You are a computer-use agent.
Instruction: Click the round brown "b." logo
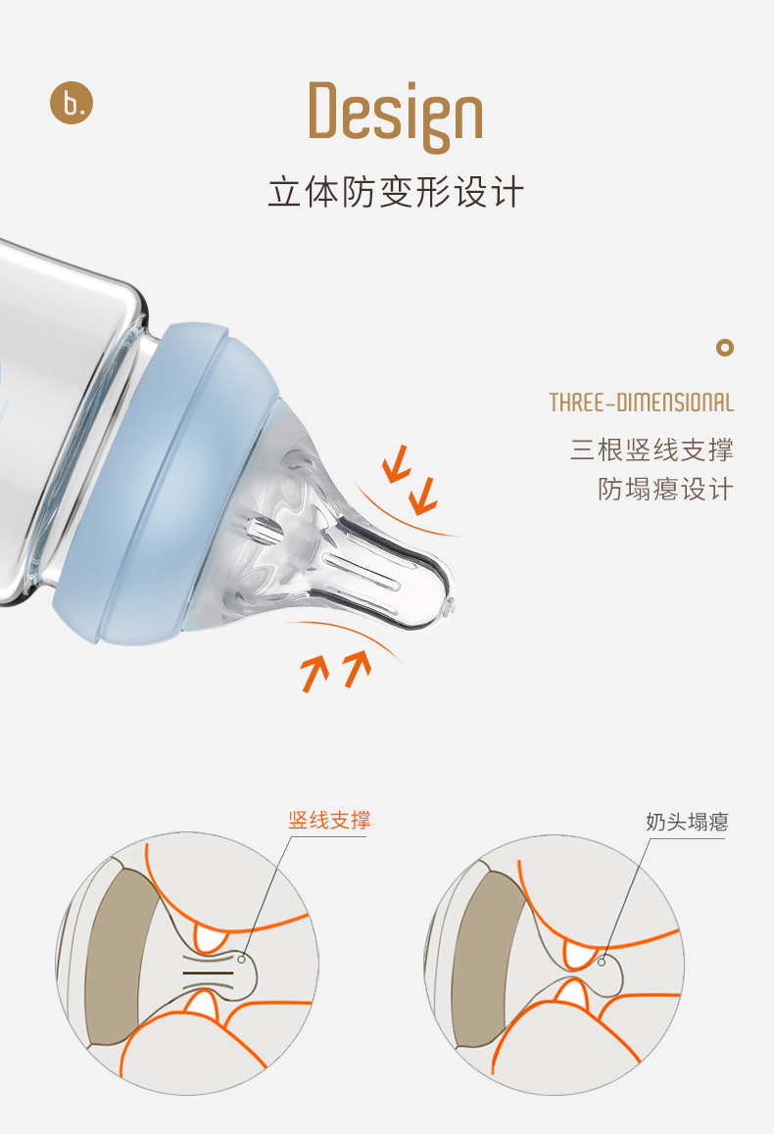pyautogui.click(x=72, y=103)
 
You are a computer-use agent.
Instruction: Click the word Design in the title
pyautogui.click(x=395, y=116)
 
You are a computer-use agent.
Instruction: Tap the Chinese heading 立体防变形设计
pyautogui.click(x=396, y=192)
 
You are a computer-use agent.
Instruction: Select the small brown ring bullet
pyautogui.click(x=725, y=348)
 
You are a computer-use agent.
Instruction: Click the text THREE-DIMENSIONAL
pyautogui.click(x=642, y=402)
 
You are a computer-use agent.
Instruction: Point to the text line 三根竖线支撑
pyautogui.click(x=652, y=449)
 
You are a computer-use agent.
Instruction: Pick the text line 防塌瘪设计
pyautogui.click(x=665, y=489)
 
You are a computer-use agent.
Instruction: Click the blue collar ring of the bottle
pyautogui.click(x=163, y=481)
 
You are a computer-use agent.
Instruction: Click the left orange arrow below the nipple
pyautogui.click(x=314, y=674)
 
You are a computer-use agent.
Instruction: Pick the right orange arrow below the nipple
pyautogui.click(x=358, y=669)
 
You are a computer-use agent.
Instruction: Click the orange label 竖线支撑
pyautogui.click(x=330, y=820)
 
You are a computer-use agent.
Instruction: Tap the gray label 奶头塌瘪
pyautogui.click(x=687, y=823)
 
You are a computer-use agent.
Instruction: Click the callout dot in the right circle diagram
pyautogui.click(x=602, y=962)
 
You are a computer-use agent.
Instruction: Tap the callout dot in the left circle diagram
pyautogui.click(x=242, y=959)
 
